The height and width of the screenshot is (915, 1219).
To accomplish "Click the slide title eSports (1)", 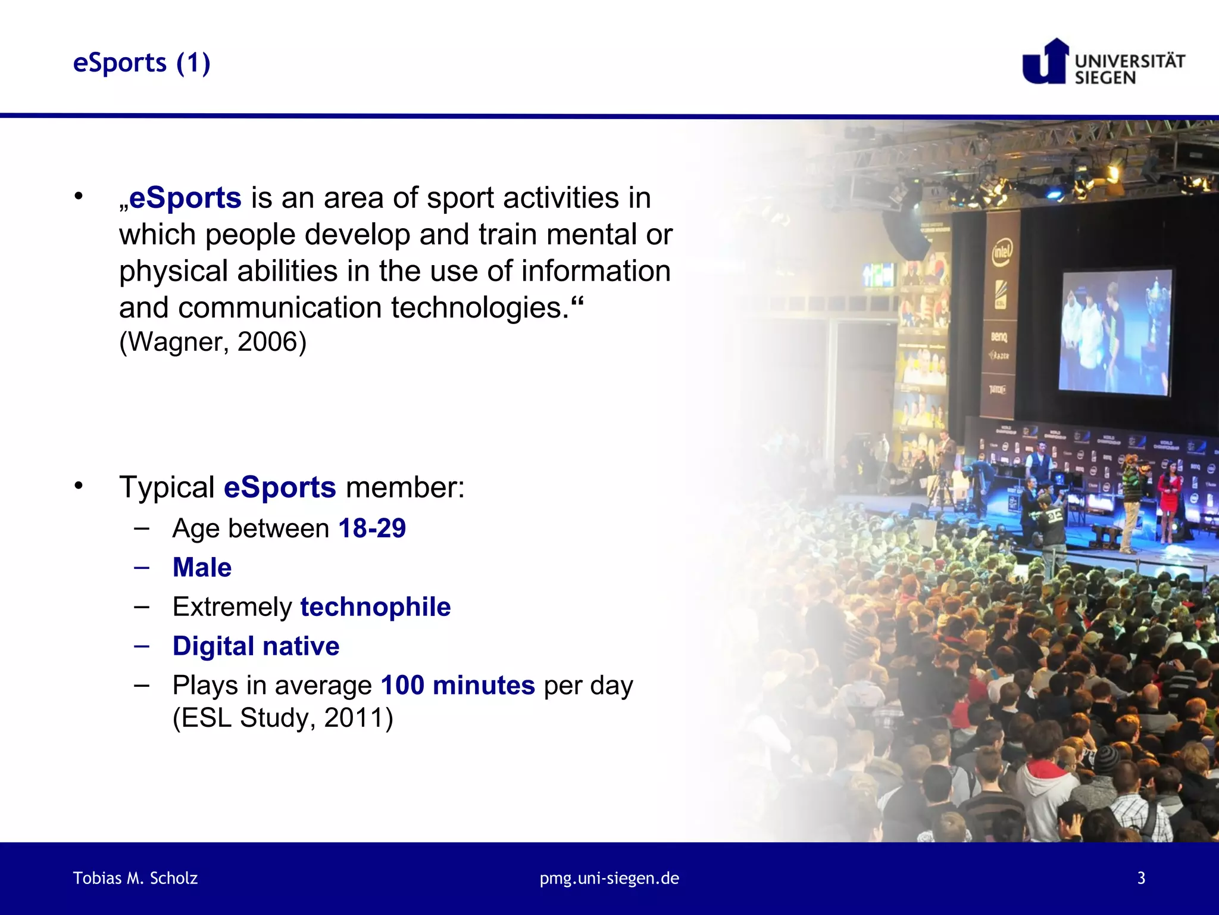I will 142,63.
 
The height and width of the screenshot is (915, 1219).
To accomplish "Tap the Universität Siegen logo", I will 1103,62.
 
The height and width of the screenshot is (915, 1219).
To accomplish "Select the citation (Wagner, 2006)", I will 212,342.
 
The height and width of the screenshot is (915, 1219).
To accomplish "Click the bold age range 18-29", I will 372,528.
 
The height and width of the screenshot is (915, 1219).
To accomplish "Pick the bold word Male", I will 202,567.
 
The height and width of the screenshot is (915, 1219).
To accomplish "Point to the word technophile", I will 375,607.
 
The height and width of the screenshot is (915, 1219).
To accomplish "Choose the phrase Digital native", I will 256,646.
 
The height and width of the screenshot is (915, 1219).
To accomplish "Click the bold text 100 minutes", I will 458,686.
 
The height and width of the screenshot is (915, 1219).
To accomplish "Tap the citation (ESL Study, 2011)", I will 283,718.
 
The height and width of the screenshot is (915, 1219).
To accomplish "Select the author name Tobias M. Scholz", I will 135,878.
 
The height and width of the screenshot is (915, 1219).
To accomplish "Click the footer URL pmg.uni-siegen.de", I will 609,878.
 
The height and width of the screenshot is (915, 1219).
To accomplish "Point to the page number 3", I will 1141,878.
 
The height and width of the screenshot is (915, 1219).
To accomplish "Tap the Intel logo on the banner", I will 1001,252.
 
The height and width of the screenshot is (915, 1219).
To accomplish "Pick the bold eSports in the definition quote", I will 185,198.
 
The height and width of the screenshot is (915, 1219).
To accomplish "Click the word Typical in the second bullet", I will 167,487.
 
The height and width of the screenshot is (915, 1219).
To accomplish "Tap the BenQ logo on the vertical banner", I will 999,337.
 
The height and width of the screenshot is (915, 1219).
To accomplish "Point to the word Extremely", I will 232,607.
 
